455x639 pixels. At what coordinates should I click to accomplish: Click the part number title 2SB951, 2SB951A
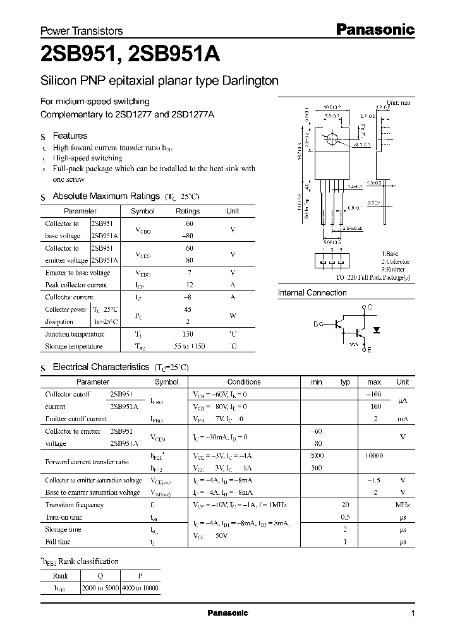tap(130, 55)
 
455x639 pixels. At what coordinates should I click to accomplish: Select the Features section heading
tap(70, 136)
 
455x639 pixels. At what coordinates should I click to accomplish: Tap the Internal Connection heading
tap(312, 293)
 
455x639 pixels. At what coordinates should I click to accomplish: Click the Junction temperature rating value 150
tap(188, 335)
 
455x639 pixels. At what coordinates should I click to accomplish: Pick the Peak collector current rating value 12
tap(188, 285)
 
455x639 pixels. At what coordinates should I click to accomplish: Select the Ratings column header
tap(188, 212)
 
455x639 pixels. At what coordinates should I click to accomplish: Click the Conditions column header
tap(244, 382)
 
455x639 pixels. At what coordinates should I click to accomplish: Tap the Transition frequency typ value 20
tap(346, 505)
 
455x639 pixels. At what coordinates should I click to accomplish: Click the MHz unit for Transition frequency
tap(402, 505)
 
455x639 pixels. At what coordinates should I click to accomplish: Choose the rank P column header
tap(140, 576)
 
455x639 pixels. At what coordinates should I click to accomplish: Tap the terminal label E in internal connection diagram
tap(368, 349)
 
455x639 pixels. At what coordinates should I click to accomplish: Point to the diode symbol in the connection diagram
tap(378, 329)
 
